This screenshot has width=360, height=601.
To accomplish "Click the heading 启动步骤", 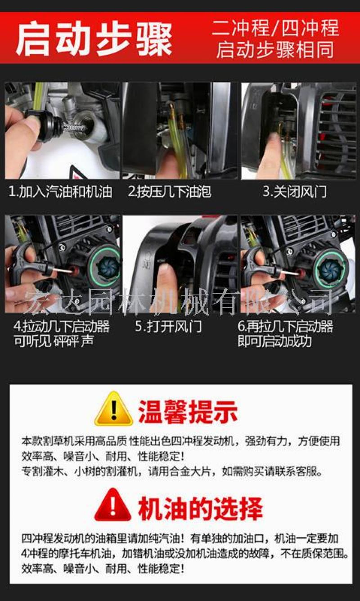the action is [94, 39].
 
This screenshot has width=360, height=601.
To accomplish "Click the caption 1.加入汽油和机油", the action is [60, 192].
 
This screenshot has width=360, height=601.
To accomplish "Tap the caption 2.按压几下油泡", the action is [169, 192].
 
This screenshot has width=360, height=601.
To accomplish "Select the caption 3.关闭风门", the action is [294, 192].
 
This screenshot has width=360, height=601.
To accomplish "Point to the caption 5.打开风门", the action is [168, 327].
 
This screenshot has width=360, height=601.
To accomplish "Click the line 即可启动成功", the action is [274, 341].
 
